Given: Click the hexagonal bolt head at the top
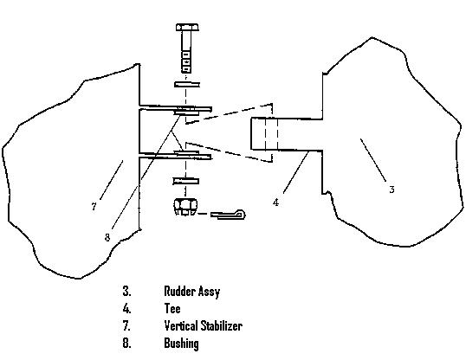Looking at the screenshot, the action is point(187,28).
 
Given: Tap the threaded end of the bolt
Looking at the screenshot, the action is point(186,61).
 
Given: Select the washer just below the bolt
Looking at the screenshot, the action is point(187,85).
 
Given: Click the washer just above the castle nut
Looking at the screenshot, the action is point(186,181).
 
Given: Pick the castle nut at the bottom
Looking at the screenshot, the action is point(184,207).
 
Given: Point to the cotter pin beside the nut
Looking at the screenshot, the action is point(228,214).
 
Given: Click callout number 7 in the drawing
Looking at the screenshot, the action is point(94,207).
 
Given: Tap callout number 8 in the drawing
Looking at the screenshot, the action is point(107,237).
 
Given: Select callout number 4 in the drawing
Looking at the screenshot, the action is point(276,202).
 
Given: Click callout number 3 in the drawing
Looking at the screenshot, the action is point(392,190).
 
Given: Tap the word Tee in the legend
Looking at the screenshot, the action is point(172,308).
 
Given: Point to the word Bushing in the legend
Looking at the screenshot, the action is point(181,344).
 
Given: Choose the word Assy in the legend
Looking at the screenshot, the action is point(210,292).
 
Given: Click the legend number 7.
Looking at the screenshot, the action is point(126,325).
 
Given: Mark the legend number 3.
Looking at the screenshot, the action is point(126,291).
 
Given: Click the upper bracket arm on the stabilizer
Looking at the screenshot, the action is point(175,108).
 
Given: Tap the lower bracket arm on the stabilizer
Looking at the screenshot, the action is point(175,156).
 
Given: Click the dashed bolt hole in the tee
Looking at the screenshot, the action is point(271,133).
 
